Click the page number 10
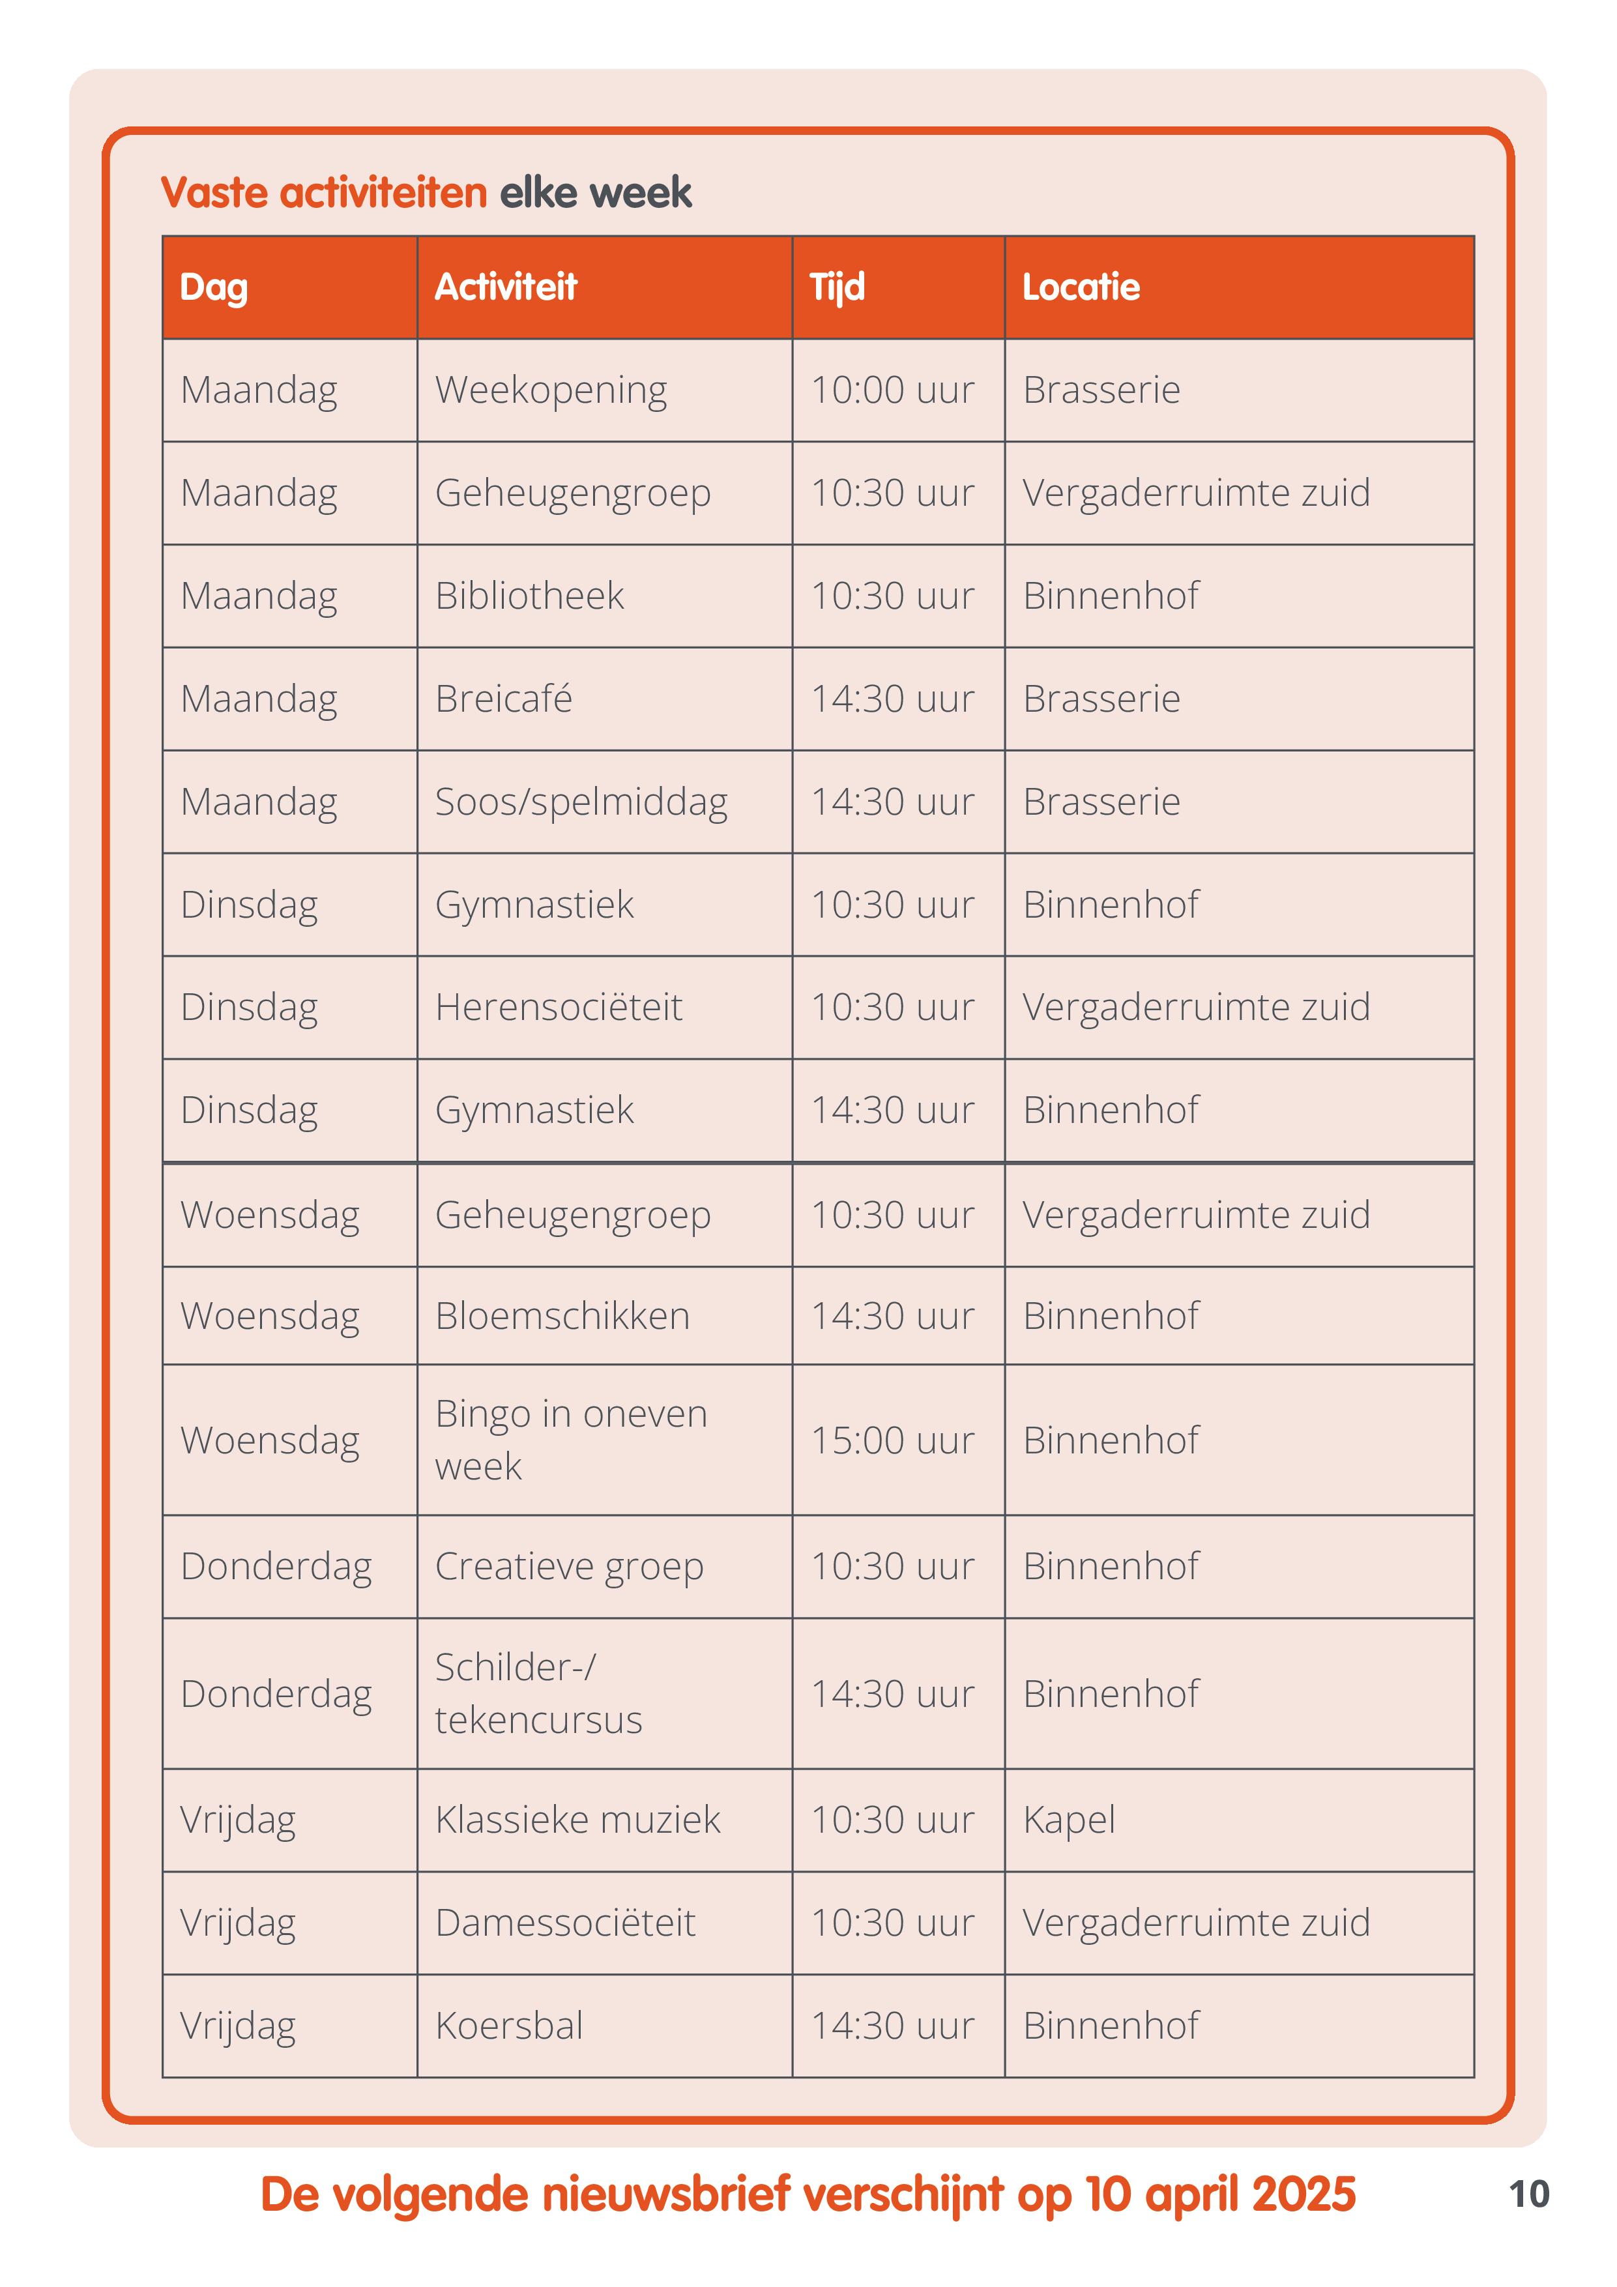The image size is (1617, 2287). tap(1529, 2194)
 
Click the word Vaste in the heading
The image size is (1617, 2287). tap(215, 192)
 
